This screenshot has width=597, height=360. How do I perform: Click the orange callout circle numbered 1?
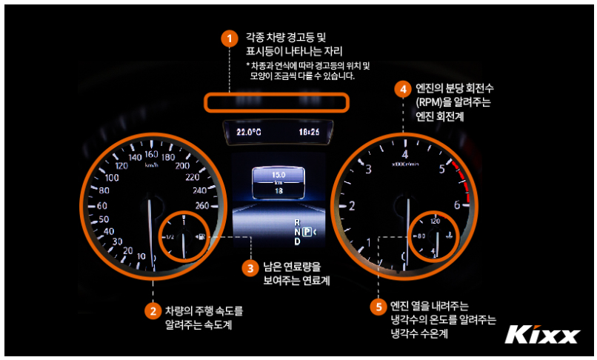click(x=229, y=39)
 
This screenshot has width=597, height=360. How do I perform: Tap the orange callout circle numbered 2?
click(x=153, y=311)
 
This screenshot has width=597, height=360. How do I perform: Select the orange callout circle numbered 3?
click(x=250, y=268)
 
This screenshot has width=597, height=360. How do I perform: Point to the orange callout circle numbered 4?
click(x=403, y=89)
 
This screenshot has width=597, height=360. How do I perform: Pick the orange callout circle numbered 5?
click(x=378, y=307)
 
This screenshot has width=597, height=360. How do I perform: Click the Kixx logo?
click(x=542, y=335)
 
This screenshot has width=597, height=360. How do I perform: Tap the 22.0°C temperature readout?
click(x=249, y=132)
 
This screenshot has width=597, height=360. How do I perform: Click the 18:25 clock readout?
click(x=309, y=132)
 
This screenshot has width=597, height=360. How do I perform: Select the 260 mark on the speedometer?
click(x=202, y=206)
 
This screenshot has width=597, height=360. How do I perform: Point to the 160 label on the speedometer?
click(x=151, y=154)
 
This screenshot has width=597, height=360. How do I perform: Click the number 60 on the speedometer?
click(x=102, y=206)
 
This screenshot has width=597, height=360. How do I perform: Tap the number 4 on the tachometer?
click(x=404, y=154)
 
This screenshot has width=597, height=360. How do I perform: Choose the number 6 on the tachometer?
click(x=457, y=205)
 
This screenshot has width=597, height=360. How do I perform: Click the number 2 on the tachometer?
click(x=352, y=206)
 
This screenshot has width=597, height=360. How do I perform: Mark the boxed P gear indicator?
click(x=307, y=232)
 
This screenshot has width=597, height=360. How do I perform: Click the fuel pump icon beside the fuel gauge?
click(x=202, y=236)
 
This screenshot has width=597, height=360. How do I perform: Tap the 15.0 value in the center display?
click(x=279, y=175)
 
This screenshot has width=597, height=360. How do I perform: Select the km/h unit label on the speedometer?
click(x=152, y=165)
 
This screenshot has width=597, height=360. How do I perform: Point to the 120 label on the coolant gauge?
click(x=436, y=221)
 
